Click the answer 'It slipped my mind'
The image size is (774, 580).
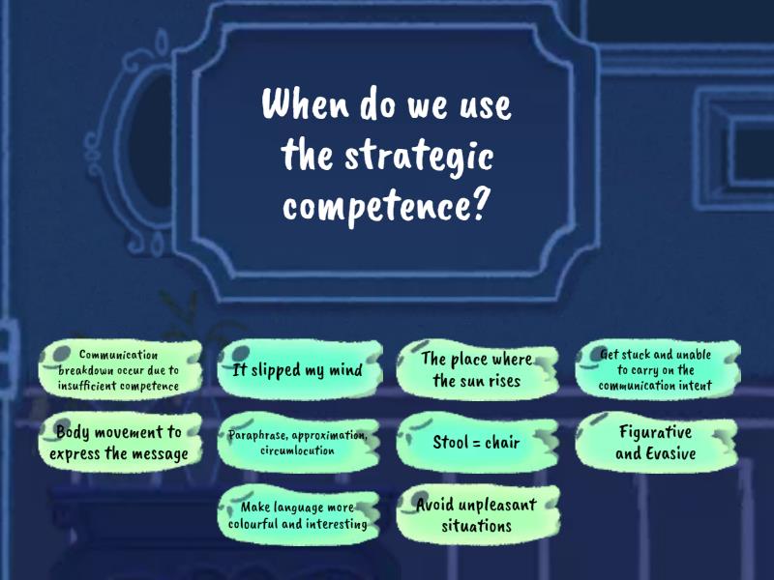point(297,369)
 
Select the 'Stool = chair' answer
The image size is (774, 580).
point(476,443)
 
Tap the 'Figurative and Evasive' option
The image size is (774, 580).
point(655,443)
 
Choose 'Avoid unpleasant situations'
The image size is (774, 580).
point(476,515)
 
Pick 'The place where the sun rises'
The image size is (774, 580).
point(476,369)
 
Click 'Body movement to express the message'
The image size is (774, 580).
point(119,443)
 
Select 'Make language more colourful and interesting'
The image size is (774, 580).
point(297,515)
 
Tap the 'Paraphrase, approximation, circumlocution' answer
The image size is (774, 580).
point(297,443)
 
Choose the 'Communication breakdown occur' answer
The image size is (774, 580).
point(119,369)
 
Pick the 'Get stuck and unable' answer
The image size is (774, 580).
point(655,369)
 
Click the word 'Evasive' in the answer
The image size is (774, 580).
point(670,452)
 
